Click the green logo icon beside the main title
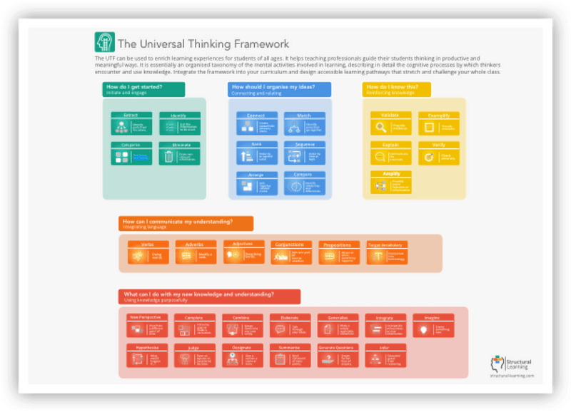(104, 42)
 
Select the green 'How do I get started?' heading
(143, 89)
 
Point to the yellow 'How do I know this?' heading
(396, 89)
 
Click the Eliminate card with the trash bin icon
(176, 154)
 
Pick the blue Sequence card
(304, 153)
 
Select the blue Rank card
(256, 153)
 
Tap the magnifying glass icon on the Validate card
(381, 128)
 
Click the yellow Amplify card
(391, 183)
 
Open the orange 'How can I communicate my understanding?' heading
(186, 224)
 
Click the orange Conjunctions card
(291, 254)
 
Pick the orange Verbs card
(148, 254)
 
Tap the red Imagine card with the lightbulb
(433, 326)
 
